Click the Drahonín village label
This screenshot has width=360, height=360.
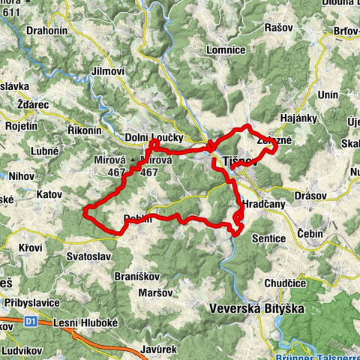coord(48,31)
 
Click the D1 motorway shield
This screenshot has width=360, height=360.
coord(31,322)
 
